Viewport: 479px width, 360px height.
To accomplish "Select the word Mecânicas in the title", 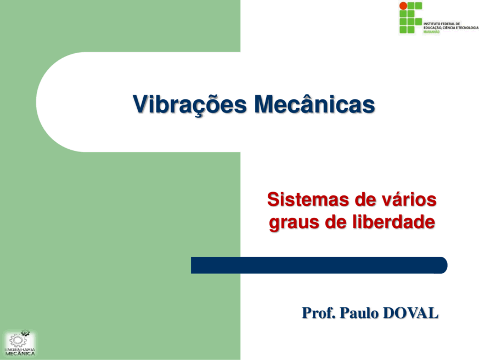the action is [314, 104].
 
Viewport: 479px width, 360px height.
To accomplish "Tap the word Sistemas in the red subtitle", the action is [308, 200].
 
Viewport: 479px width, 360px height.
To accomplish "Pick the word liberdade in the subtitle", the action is [394, 222].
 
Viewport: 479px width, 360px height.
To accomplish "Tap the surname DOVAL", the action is [410, 313].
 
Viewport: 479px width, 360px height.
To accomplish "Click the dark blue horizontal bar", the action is [319, 265].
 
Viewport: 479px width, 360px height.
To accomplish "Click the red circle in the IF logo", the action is [403, 6].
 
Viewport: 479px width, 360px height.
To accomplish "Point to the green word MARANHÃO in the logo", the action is [431, 32].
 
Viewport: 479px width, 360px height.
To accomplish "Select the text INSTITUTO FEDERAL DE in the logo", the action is [442, 24].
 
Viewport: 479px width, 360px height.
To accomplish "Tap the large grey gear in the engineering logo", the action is [17, 341].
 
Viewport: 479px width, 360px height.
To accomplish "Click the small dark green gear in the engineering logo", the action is [25, 333].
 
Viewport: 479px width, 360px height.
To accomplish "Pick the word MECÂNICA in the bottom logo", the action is [20, 353].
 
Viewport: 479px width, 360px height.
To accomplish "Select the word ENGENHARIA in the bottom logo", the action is [20, 350].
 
